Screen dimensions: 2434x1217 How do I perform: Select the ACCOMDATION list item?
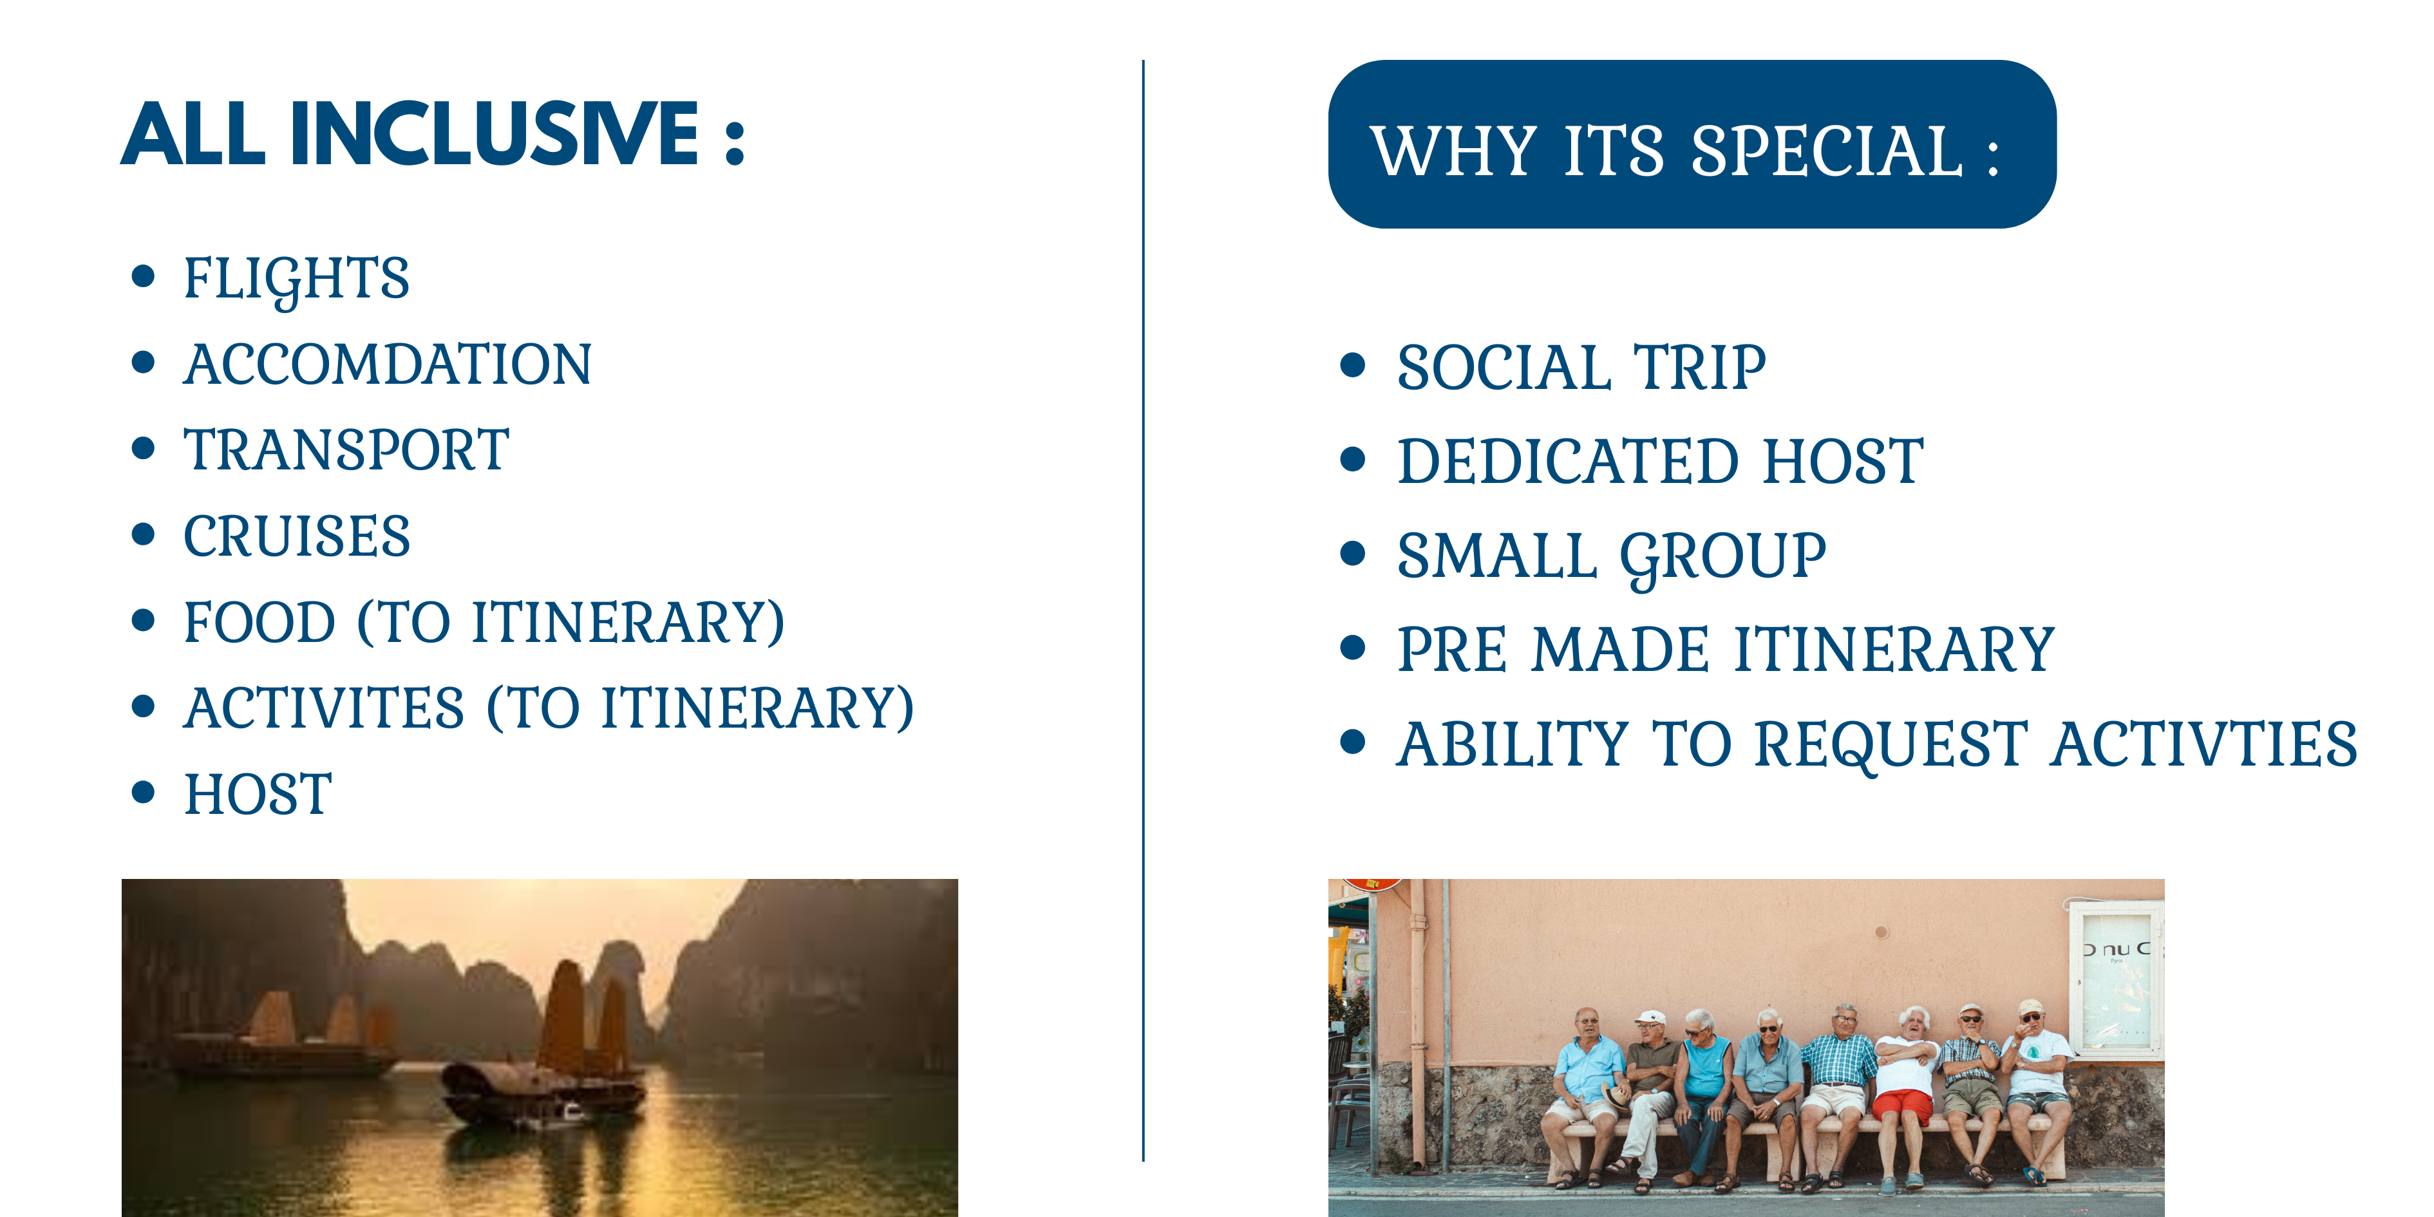pos(388,364)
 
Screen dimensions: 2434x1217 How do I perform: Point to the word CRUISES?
pos(297,536)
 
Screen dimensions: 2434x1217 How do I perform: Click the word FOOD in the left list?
pos(260,623)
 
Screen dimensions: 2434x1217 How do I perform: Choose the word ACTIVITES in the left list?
pos(324,709)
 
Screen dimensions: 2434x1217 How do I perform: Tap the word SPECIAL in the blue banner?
pos(1826,151)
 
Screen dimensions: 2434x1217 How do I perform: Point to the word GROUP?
pos(1724,558)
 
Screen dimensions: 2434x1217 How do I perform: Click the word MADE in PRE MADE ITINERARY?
pos(1621,650)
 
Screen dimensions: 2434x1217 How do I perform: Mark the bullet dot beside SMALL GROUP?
pos(1353,554)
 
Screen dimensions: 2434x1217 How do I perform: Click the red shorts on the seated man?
pos(1901,1106)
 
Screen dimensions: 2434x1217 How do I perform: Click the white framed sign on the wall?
pos(2114,978)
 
